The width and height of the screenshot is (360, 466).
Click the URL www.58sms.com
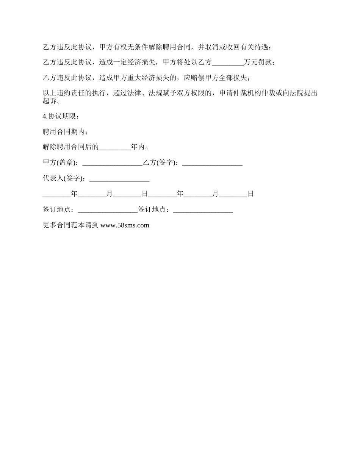(x=125, y=225)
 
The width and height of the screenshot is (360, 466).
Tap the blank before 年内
(x=115, y=147)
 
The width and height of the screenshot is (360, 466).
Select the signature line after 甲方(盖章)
(x=112, y=163)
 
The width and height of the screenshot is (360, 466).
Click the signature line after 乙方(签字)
(x=213, y=163)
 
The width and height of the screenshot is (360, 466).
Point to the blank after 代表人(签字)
(x=119, y=178)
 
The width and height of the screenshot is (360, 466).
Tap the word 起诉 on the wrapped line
(x=49, y=101)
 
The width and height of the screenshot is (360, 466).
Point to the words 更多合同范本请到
(x=70, y=225)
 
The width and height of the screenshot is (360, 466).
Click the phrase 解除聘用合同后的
(x=71, y=147)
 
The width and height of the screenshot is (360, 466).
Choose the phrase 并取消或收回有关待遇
(x=234, y=47)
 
